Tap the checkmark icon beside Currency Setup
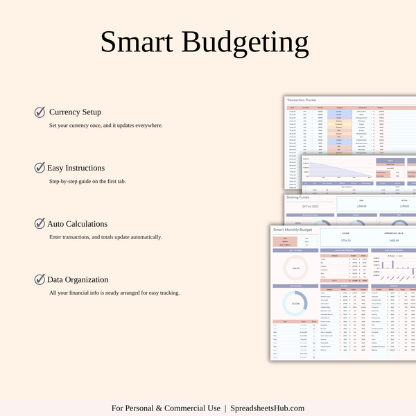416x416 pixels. click(x=40, y=112)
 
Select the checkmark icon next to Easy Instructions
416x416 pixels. click(x=40, y=168)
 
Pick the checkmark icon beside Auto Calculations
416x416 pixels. click(x=40, y=224)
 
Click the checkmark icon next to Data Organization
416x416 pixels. click(x=40, y=279)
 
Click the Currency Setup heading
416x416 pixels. click(x=75, y=112)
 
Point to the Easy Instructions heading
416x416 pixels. click(x=76, y=168)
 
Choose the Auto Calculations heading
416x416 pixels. click(x=77, y=224)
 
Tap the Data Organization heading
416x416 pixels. click(x=78, y=280)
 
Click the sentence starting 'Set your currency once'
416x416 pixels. click(x=105, y=125)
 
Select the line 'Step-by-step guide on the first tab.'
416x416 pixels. click(x=87, y=181)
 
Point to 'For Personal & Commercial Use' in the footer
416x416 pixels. click(x=166, y=408)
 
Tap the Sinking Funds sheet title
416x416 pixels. click(x=300, y=198)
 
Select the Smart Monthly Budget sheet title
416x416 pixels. click(x=295, y=228)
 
